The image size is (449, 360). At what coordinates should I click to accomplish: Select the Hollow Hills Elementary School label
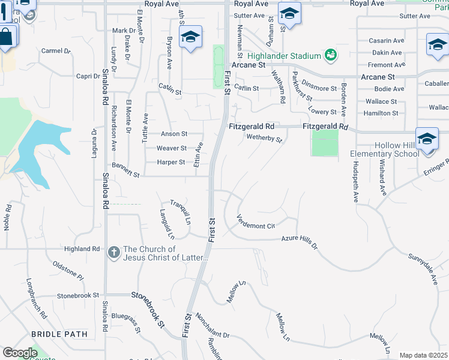click(385, 149)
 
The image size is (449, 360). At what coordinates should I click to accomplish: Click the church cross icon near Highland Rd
click(114, 253)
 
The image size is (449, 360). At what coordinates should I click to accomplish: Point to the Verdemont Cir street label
click(255, 221)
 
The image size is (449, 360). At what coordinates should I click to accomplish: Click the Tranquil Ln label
click(179, 211)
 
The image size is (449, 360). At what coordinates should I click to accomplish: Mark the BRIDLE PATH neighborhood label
click(59, 334)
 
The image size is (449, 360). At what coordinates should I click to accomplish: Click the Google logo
click(20, 352)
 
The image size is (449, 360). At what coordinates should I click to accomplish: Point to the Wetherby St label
click(264, 139)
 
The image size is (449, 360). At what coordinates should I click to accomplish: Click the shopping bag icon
click(6, 37)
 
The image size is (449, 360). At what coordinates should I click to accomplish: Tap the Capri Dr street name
click(87, 76)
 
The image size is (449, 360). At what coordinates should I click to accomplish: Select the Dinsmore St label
click(319, 88)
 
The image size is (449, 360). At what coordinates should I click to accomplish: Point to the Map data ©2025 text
click(424, 355)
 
